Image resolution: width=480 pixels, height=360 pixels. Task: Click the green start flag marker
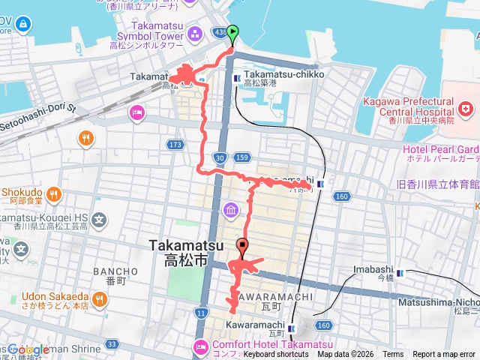point(233,33)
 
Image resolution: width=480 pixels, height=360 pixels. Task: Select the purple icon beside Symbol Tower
point(195,34)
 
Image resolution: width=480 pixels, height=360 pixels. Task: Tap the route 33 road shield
point(112,343)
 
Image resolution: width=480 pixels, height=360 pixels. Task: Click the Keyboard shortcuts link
point(276,354)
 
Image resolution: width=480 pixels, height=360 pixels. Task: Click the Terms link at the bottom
point(392,354)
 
